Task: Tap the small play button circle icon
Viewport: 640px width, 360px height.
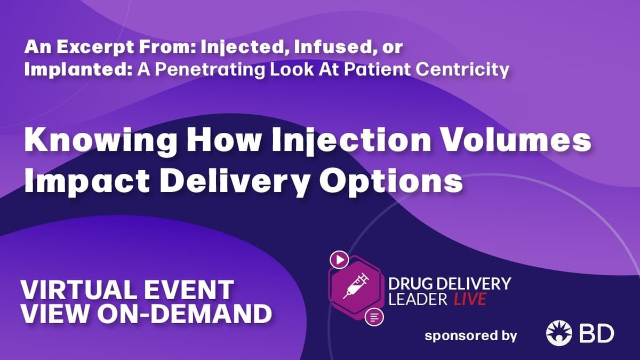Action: coord(339,260)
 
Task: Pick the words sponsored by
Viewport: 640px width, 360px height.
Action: coord(471,335)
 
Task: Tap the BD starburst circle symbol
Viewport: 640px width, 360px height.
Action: coord(558,334)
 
